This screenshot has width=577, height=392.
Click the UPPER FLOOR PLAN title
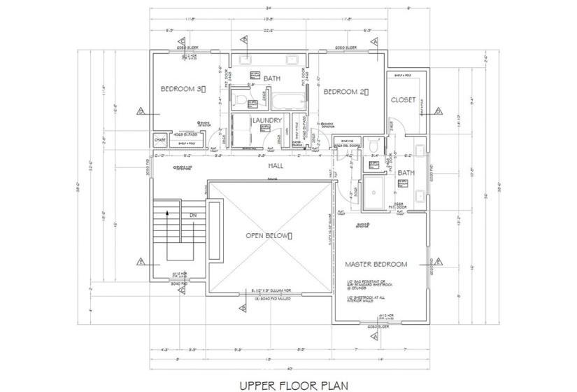point(289,384)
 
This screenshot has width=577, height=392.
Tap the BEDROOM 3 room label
point(182,89)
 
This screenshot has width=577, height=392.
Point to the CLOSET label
point(404,99)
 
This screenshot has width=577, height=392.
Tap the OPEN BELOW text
point(268,235)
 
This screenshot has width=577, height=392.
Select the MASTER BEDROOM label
point(376,264)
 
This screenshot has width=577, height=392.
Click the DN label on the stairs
point(193,216)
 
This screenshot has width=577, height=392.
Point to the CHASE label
point(159,140)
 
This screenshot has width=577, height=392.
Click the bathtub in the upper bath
point(288,101)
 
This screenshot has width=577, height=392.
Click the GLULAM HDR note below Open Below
point(269,289)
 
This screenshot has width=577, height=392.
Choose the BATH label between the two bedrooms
point(271,78)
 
